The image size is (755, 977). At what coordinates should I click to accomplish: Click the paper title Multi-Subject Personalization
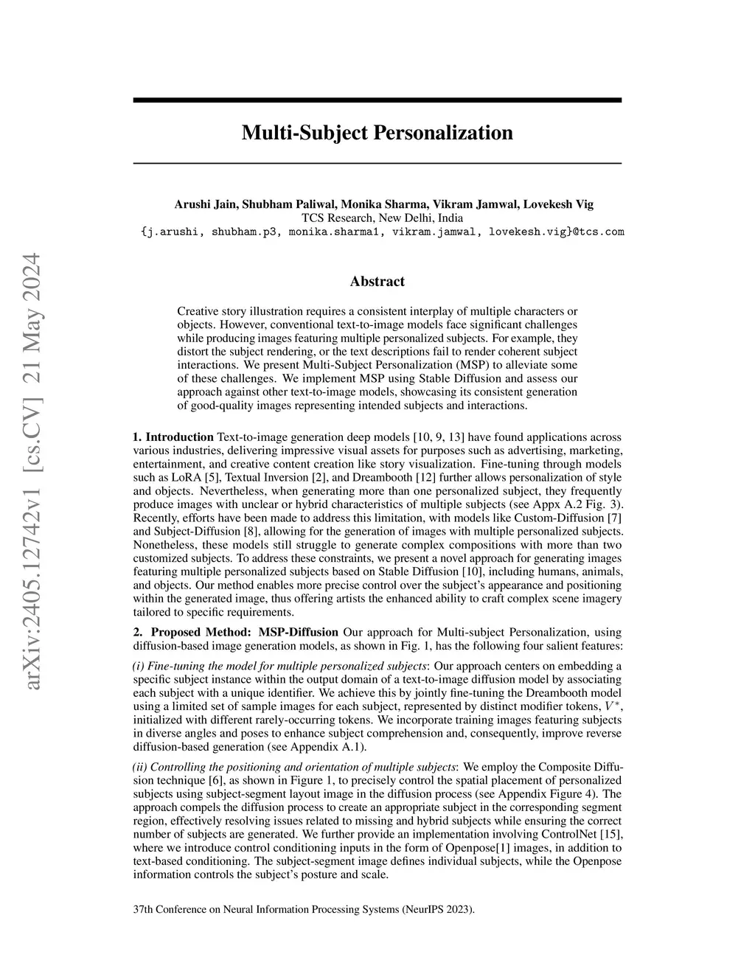[x=377, y=133]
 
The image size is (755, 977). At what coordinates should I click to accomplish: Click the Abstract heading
[x=377, y=281]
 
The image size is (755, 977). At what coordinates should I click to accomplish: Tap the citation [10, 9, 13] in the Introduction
[x=440, y=437]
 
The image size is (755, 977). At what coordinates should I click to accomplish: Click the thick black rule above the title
[x=377, y=100]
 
